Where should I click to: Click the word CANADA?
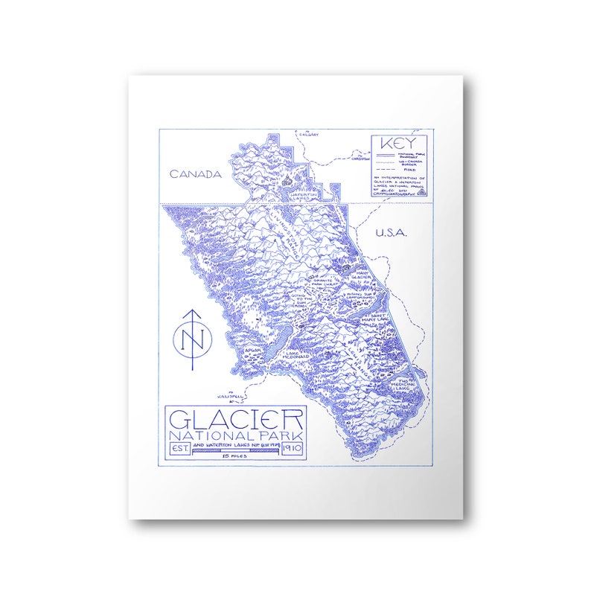click(x=196, y=174)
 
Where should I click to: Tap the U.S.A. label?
click(x=392, y=233)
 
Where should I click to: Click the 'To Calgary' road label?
click(x=307, y=133)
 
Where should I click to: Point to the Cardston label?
click(x=360, y=159)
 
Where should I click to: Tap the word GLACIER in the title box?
click(x=237, y=420)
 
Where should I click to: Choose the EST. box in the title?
click(x=180, y=449)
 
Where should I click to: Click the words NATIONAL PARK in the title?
click(x=237, y=435)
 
